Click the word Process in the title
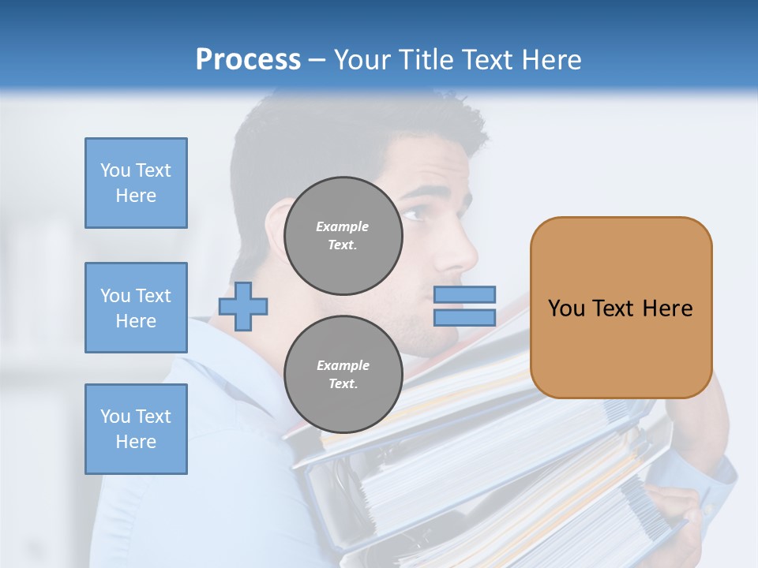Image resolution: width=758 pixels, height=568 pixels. point(248,60)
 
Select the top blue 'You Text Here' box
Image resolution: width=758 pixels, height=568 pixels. point(136,183)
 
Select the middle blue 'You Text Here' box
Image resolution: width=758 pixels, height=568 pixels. point(136,308)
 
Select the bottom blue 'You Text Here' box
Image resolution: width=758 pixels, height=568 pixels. point(136,428)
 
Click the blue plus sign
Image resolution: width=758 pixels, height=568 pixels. point(243,306)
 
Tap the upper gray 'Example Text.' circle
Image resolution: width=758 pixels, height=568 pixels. point(343,235)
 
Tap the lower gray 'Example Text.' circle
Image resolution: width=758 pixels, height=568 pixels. point(343,374)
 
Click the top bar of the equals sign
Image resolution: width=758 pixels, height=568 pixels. point(464,295)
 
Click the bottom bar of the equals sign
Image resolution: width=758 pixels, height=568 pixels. point(464,317)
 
